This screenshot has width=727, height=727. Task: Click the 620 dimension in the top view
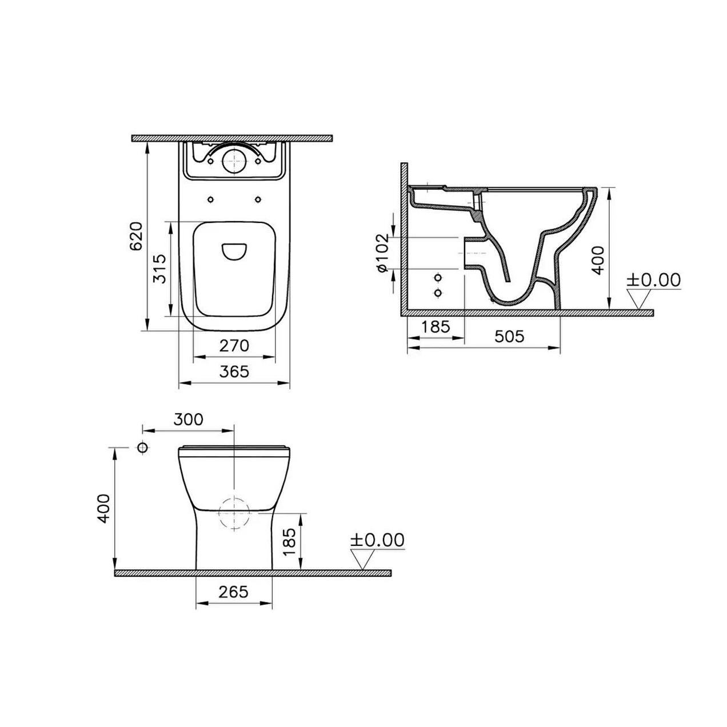[x=136, y=235]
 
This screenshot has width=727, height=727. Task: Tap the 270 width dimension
[x=234, y=346]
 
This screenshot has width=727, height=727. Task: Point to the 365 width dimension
[x=234, y=372]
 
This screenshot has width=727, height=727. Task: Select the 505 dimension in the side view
[x=509, y=336]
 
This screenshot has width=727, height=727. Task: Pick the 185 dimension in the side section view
[x=436, y=327]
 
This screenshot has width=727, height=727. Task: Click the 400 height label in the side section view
[x=598, y=260]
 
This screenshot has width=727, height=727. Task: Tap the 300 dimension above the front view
[x=187, y=419]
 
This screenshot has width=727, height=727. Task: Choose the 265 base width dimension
[x=233, y=592]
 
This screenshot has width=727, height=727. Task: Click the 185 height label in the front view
[x=289, y=541]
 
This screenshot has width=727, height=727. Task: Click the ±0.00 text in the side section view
[x=654, y=280]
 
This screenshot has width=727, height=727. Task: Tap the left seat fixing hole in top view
[x=210, y=199]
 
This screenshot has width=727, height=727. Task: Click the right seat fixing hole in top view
[x=258, y=199]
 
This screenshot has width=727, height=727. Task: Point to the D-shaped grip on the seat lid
[x=234, y=252]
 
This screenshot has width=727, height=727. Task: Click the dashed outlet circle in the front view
[x=234, y=513]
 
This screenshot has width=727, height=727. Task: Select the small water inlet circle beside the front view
[x=142, y=448]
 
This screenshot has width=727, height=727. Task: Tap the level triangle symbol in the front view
[x=362, y=559]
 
